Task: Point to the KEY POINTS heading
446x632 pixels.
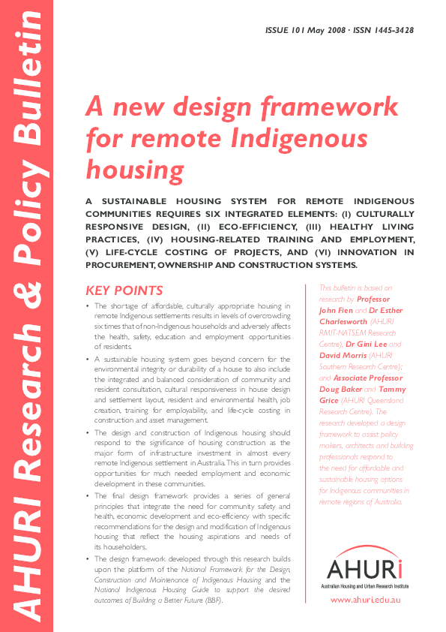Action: [x=124, y=290]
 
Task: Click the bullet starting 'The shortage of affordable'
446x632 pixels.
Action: [x=88, y=307]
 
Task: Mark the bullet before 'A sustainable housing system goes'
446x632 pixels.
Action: [x=88, y=361]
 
